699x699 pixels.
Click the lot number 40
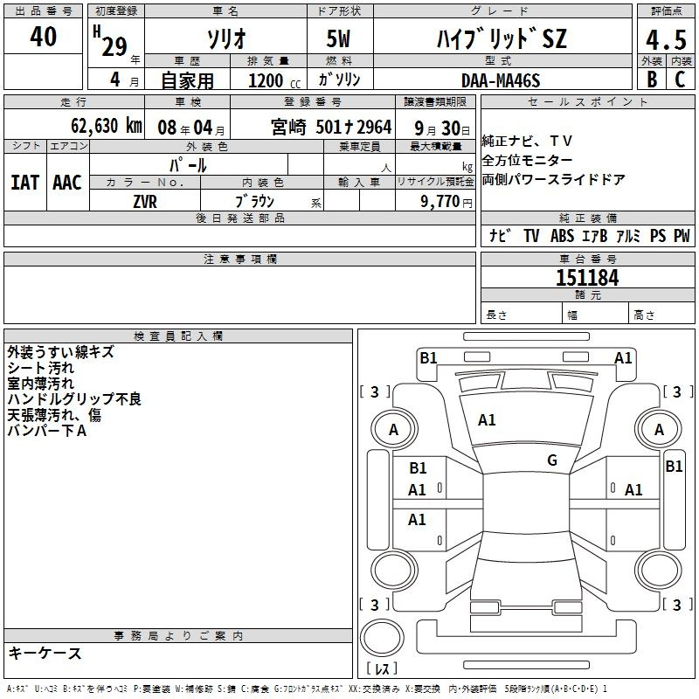43,37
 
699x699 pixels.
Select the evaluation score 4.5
664,40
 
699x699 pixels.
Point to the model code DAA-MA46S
501,80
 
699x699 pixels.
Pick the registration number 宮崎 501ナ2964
331,127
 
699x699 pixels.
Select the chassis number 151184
587,278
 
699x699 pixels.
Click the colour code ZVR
146,201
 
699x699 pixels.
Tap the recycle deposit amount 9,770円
446,202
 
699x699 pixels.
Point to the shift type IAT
25,183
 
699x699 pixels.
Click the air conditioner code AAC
67,183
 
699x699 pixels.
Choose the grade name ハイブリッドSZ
502,39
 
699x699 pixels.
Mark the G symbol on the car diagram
552,460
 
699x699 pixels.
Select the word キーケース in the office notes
45,654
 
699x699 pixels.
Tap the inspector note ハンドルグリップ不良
74,399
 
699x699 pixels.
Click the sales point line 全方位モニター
528,161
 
